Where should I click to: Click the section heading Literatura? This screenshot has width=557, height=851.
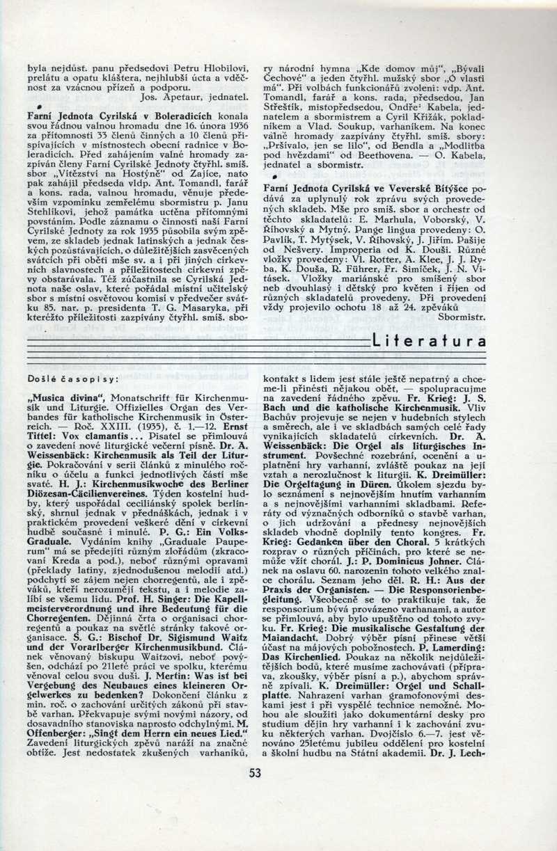[430, 341]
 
